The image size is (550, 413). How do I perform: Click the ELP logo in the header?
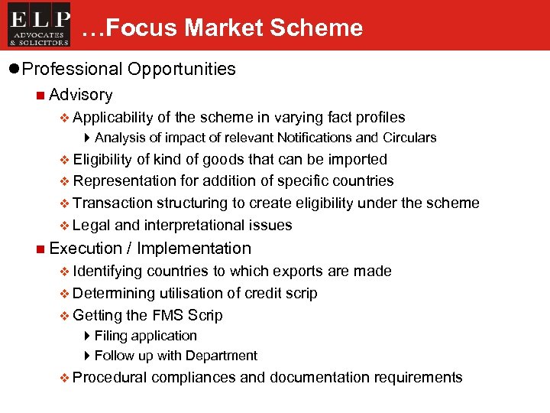coord(40,25)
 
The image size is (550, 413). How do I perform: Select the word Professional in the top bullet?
coord(72,69)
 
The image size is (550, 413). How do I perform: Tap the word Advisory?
coord(80,95)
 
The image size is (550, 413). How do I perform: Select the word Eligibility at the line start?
coord(103,159)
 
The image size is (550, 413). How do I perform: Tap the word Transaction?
coord(113,203)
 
